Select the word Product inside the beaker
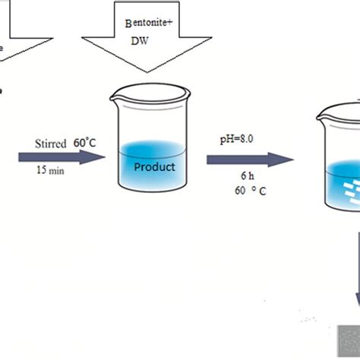[154, 166]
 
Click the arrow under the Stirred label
[61, 157]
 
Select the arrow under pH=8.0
[249, 159]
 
